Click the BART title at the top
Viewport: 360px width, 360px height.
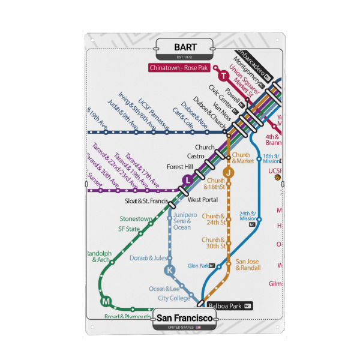coord(185,47)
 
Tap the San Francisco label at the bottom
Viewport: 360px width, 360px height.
coord(185,316)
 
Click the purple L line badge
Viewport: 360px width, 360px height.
coord(188,179)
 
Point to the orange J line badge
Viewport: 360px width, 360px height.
coord(228,173)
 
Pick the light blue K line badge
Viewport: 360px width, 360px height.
coord(170,270)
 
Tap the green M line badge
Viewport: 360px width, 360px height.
coord(106,301)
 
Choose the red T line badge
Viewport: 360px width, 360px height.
coord(223,76)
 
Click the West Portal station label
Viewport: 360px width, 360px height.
coord(202,200)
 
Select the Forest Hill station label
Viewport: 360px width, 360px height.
coord(180,167)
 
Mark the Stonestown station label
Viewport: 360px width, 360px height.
coord(136,219)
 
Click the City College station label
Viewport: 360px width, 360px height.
coord(174,298)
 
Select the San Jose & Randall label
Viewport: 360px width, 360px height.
coord(247,265)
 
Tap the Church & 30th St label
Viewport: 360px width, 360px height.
coord(214,242)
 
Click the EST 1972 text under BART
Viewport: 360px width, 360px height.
coord(185,57)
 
